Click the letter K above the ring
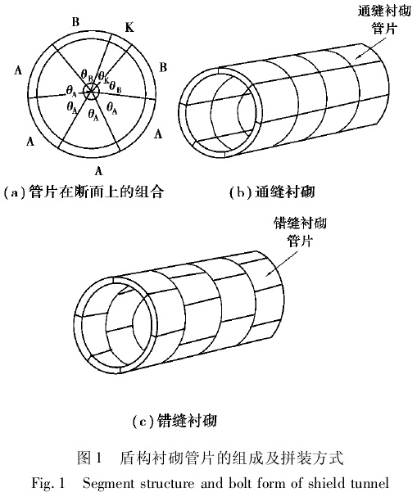coord(129,28)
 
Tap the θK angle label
coord(103,77)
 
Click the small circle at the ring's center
coord(91,92)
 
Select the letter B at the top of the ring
coord(75,22)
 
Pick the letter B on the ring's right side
coord(163,67)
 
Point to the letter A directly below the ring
coord(98,171)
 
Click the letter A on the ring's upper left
coord(18,70)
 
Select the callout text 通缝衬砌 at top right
coord(384,11)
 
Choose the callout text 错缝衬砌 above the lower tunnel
coord(300,223)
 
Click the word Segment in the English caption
coord(107,484)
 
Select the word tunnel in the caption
coord(370,482)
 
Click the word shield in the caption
coord(327,482)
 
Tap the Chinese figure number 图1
coord(90,458)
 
